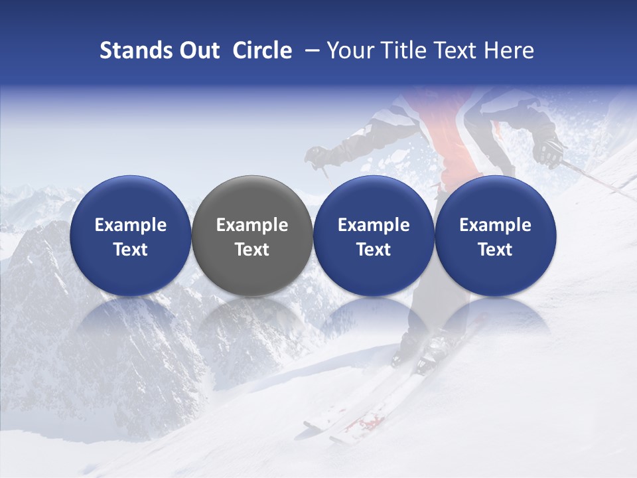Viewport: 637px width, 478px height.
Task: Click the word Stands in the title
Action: point(133,50)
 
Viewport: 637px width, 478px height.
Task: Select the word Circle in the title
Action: point(262,50)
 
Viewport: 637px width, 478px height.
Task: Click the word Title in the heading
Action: point(400,50)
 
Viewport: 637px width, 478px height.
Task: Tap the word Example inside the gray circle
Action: point(252,225)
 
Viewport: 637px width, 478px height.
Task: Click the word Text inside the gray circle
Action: point(252,250)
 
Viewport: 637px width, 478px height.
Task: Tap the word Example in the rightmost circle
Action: point(496,225)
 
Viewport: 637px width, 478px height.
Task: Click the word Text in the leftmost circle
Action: point(131,250)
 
